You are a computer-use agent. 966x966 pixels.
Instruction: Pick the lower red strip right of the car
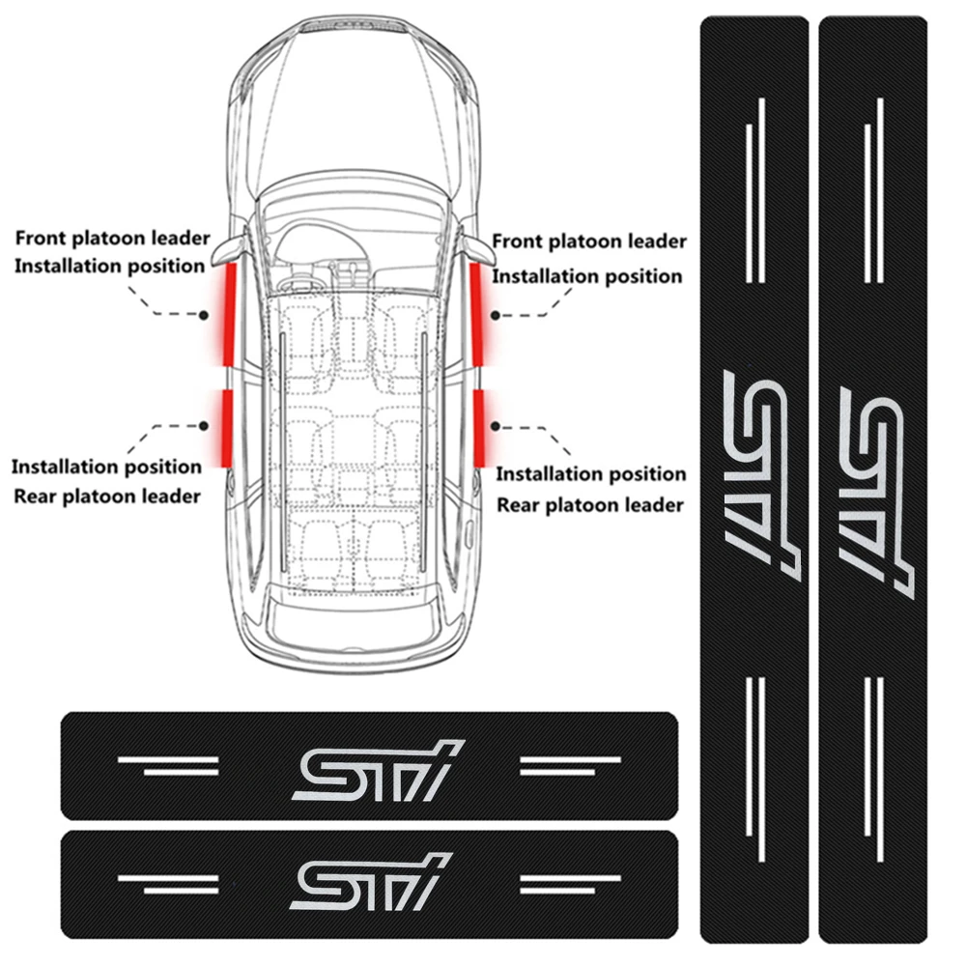point(480,425)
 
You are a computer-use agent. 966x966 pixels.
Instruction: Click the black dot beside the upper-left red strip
point(205,315)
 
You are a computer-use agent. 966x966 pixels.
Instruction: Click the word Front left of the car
point(43,238)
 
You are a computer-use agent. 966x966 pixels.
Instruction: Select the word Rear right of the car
point(520,504)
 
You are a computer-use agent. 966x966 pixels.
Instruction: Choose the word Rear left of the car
point(37,497)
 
